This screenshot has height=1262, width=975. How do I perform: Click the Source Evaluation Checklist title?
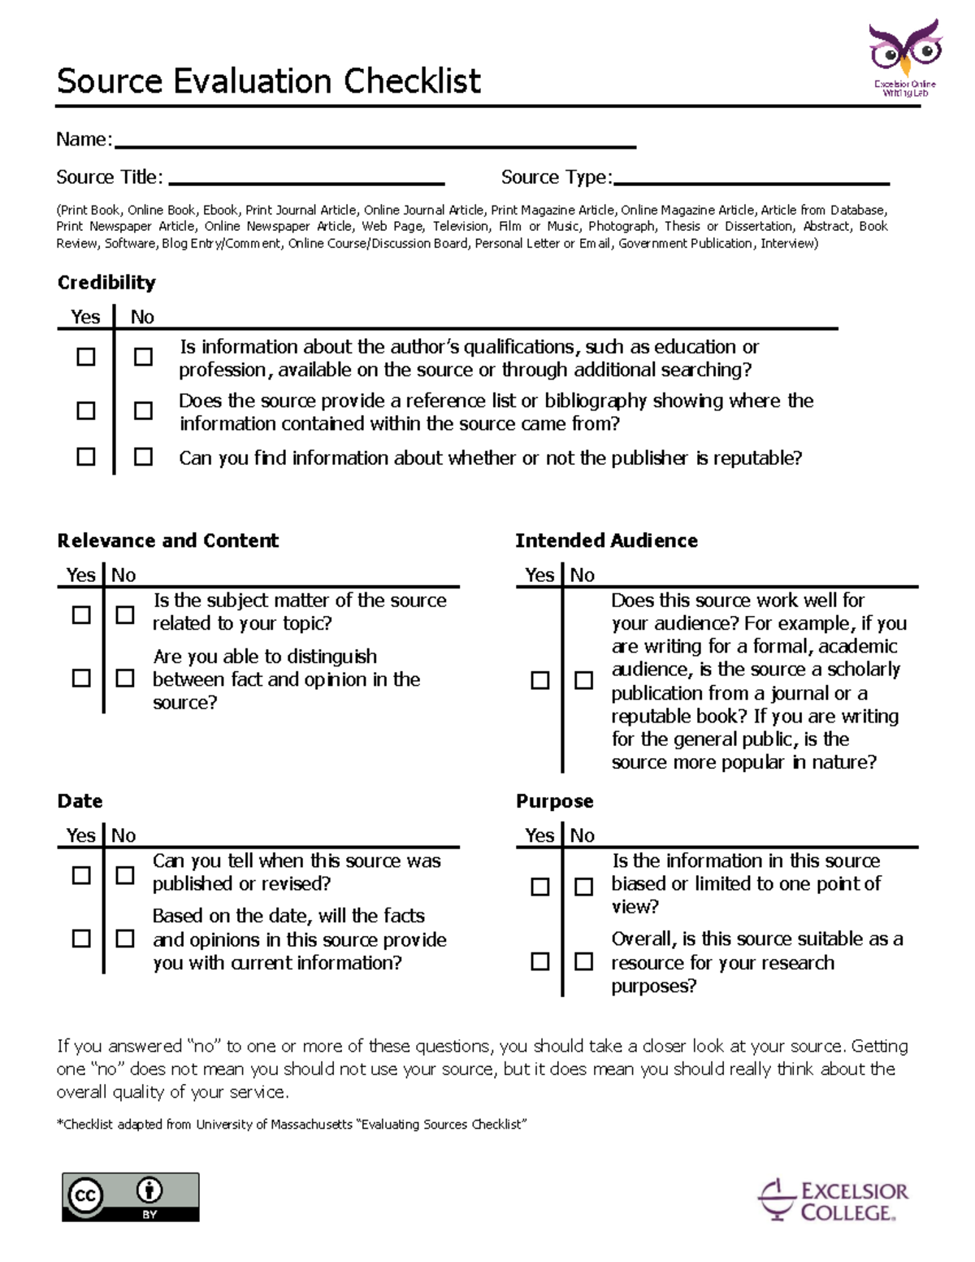(x=268, y=81)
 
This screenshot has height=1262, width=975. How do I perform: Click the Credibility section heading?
(x=106, y=283)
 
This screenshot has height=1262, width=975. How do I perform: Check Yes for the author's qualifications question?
(x=85, y=357)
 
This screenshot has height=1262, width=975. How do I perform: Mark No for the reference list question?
(x=143, y=410)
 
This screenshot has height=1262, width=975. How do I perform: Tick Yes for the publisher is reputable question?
(x=85, y=457)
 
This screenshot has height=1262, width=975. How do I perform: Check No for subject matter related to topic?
(x=125, y=614)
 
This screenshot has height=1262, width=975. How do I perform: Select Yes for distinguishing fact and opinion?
(x=81, y=678)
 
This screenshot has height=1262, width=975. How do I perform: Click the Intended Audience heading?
(x=606, y=541)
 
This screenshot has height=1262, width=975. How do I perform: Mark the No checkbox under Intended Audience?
(x=583, y=680)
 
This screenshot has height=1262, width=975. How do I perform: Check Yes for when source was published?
(x=81, y=875)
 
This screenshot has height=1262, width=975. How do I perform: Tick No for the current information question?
(x=125, y=939)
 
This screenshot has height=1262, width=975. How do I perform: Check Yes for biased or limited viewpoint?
(x=539, y=887)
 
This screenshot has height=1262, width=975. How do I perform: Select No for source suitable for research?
(x=583, y=961)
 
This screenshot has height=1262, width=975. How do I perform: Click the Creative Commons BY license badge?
(x=131, y=1197)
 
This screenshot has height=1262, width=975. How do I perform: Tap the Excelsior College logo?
(x=834, y=1201)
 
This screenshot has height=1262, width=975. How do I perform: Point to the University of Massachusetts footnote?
(x=292, y=1125)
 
